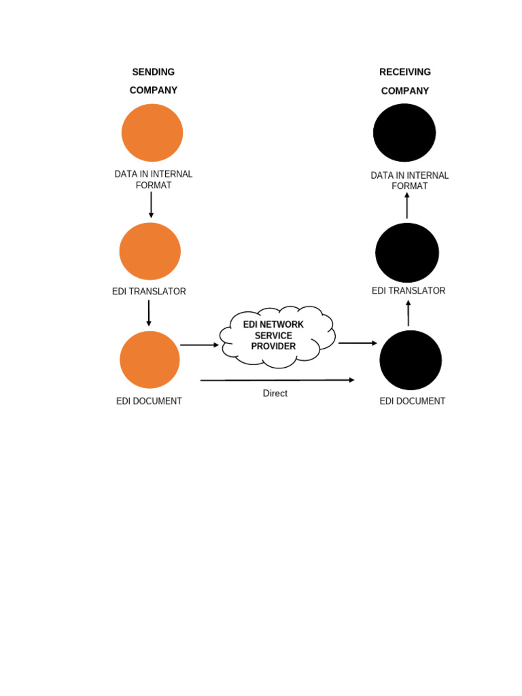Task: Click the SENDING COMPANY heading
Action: (x=153, y=81)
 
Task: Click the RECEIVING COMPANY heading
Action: (x=405, y=82)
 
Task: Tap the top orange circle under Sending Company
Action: (x=152, y=133)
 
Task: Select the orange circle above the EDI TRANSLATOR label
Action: (x=150, y=251)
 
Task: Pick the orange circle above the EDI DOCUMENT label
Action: (x=150, y=360)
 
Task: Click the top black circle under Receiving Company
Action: (x=404, y=133)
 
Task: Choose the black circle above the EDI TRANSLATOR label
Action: (x=407, y=253)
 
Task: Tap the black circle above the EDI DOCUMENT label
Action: (x=411, y=360)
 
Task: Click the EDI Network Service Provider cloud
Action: (x=276, y=336)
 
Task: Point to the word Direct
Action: (x=275, y=394)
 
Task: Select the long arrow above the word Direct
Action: (x=277, y=380)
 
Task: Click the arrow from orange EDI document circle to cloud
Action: (x=200, y=345)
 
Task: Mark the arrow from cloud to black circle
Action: (x=358, y=343)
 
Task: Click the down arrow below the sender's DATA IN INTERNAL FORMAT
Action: (x=151, y=205)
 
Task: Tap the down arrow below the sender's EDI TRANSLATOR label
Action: (x=149, y=313)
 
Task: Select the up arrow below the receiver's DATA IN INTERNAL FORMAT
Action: (x=407, y=205)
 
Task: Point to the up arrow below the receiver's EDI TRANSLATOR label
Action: (x=408, y=313)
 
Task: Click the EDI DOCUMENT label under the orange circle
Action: (x=149, y=401)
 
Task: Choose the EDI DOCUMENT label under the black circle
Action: (x=412, y=401)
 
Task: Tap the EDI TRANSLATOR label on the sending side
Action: (x=149, y=292)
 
